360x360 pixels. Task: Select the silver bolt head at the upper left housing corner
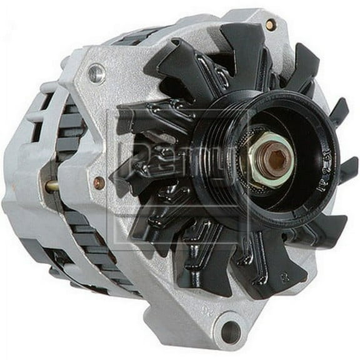pyautogui.click(x=96, y=74)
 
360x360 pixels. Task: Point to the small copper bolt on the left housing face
pyautogui.click(x=99, y=183)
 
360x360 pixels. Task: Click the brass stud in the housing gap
pyautogui.click(x=51, y=186)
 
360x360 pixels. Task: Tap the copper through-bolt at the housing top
pyautogui.click(x=270, y=24)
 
